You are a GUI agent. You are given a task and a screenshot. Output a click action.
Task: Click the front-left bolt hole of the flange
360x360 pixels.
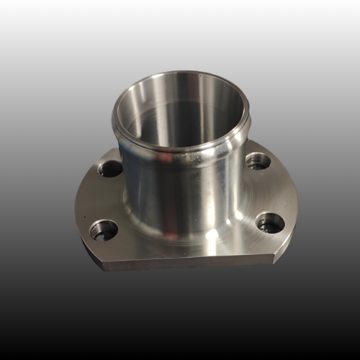click(104, 230)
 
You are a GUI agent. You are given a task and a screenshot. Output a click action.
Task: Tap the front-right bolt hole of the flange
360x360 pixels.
click(269, 222)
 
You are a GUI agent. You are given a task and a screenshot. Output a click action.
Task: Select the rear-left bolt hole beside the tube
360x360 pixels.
click(110, 169)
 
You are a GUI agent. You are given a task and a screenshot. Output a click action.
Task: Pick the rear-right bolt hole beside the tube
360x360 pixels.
click(258, 161)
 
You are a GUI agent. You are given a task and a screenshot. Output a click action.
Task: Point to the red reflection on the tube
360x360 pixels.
click(167, 156)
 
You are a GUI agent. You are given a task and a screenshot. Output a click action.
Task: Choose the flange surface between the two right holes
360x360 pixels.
click(270, 191)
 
